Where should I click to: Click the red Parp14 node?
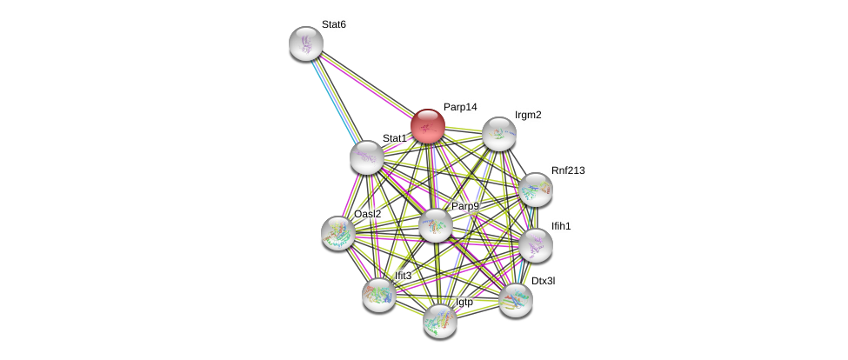[x=428, y=126]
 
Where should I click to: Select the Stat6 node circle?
[x=306, y=43]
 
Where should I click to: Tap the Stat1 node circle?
[x=367, y=157]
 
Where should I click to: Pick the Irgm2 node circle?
[x=499, y=134]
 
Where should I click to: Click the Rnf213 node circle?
[x=535, y=190]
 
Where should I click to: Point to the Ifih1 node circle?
[x=536, y=245]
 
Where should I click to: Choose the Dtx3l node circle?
[x=516, y=300]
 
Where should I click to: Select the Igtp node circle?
[x=440, y=320]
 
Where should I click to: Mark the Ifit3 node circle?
[x=379, y=295]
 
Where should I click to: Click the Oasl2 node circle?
[x=338, y=233]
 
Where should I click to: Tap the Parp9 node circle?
[x=436, y=225]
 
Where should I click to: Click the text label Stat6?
[x=334, y=24]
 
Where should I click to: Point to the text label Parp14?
[x=460, y=107]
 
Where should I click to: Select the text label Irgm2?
[x=528, y=115]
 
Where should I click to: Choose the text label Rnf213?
[x=568, y=170]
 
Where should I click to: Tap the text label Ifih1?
[x=561, y=226]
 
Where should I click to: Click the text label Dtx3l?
[x=543, y=281]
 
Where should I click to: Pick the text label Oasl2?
[x=367, y=214]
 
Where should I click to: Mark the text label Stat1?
[x=394, y=138]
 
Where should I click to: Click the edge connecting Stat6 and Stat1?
[x=336, y=99]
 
